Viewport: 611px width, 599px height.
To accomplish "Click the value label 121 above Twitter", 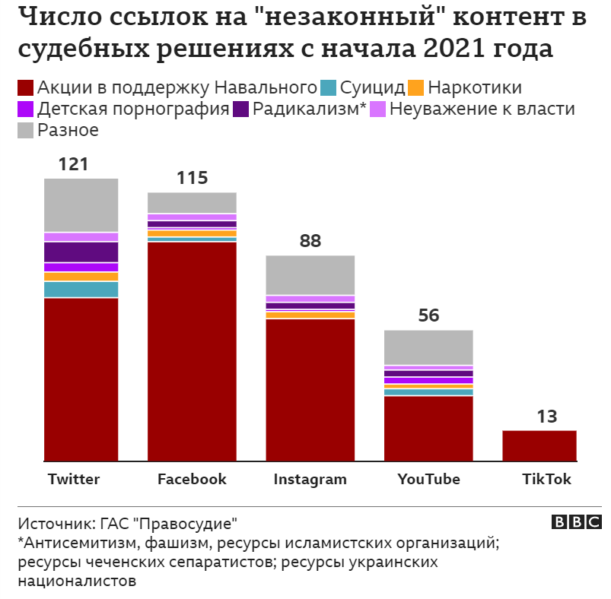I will pos(74,164).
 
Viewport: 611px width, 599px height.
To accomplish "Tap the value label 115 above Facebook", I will pos(192,179).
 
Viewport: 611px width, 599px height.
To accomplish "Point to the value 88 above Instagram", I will pos(310,241).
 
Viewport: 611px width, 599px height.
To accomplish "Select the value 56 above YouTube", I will pos(429,315).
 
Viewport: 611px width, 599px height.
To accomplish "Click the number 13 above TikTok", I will pos(546,417).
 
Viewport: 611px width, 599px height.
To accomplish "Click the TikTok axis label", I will pos(546,480).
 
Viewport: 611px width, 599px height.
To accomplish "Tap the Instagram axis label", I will pos(310,480).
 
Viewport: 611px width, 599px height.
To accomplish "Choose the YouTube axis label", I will pos(429,480).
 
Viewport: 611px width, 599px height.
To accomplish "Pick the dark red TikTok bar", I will pos(539,445).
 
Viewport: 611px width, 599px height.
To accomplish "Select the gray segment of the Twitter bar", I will pos(81,204).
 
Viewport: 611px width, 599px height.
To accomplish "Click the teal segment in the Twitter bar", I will pos(81,290).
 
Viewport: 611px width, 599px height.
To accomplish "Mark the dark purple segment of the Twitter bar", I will pos(81,252).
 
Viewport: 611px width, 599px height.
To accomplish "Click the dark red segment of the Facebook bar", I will pos(192,350).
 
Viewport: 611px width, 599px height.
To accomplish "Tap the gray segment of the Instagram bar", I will pos(310,274).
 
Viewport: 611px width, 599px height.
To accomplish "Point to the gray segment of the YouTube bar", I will pos(429,347).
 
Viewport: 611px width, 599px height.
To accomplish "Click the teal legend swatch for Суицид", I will pos(329,87).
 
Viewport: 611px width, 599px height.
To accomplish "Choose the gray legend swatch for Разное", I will pos(25,130).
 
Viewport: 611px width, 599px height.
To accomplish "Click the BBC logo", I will pos(576,522).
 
